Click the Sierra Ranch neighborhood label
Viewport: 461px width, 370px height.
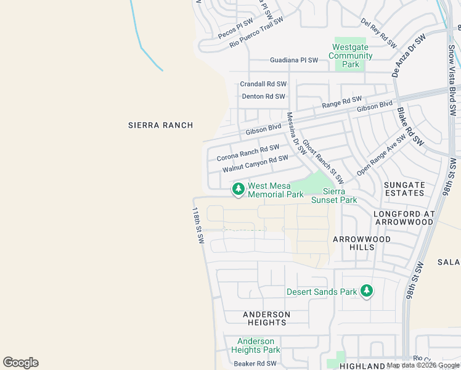click(x=160, y=125)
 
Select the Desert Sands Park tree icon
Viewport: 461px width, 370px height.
click(x=367, y=290)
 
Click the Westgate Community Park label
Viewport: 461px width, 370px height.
click(x=351, y=55)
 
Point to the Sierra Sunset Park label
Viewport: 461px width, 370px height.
click(x=334, y=196)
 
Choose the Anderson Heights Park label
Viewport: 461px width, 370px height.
click(x=256, y=345)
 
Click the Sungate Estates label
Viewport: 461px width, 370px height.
click(x=404, y=189)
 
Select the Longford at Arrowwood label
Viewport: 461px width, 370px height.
click(x=404, y=218)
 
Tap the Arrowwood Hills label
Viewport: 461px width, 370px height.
click(x=362, y=243)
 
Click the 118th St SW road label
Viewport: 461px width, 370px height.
click(x=197, y=225)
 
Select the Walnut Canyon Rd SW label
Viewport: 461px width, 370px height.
click(x=255, y=163)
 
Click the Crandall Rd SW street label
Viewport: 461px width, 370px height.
click(x=263, y=84)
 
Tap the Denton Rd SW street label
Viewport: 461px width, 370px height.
click(x=263, y=96)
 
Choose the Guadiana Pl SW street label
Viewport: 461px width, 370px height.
click(x=294, y=60)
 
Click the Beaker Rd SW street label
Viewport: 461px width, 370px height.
click(x=255, y=364)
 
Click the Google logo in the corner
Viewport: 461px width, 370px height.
click(x=20, y=363)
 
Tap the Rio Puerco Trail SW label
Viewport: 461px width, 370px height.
click(x=256, y=33)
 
